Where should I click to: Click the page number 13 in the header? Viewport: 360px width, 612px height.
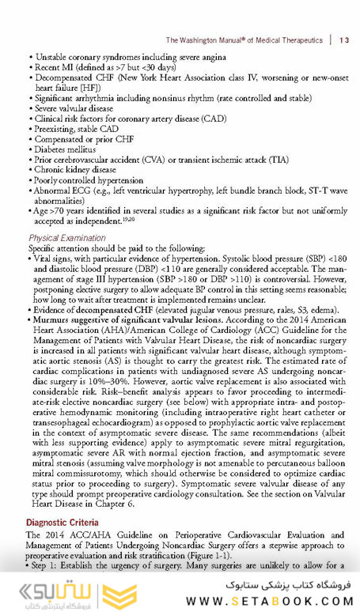[x=342, y=40]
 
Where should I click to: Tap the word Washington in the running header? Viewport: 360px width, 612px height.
[x=207, y=40]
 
